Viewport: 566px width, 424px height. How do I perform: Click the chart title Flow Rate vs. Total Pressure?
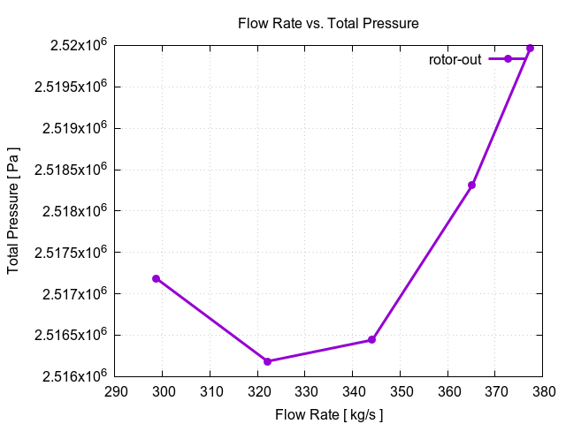328,22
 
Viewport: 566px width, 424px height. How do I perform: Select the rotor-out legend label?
455,59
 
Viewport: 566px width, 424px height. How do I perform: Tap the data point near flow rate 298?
157,278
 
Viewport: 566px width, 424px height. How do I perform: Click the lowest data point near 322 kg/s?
267,361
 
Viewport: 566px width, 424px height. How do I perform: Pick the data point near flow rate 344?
372,339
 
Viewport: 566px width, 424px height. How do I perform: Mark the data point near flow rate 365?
472,185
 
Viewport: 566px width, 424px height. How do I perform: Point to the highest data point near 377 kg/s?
530,49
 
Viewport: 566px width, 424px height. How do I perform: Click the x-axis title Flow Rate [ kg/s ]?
328,413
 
